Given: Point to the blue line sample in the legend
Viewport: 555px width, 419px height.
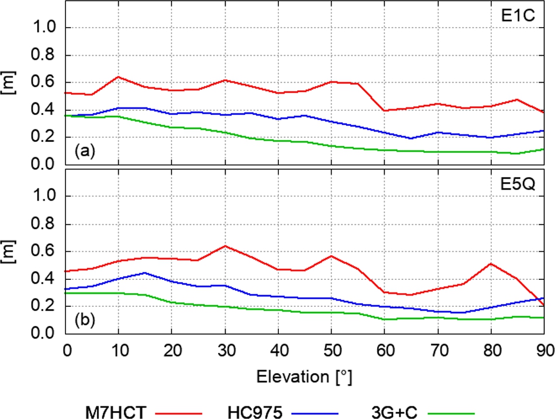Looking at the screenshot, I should pyautogui.click(x=316, y=412).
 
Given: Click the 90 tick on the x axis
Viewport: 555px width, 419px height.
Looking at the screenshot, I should pyautogui.click(x=544, y=348).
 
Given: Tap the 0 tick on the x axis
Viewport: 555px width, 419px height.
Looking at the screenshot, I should pyautogui.click(x=66, y=348).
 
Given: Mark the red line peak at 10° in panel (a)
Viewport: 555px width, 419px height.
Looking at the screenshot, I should pyautogui.click(x=118, y=76).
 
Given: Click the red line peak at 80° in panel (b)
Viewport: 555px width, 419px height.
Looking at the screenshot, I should pyautogui.click(x=491, y=263).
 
